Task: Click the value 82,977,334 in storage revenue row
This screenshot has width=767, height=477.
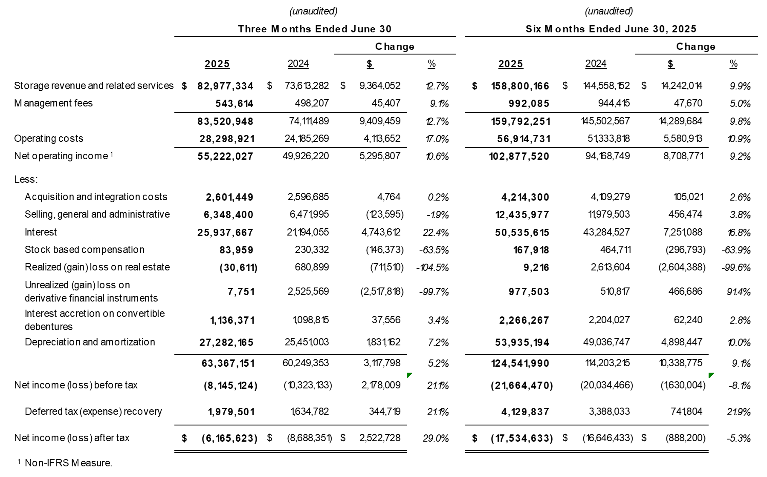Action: tap(225, 86)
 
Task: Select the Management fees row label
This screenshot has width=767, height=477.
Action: tap(53, 103)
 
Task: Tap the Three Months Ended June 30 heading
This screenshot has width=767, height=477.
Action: tap(315, 29)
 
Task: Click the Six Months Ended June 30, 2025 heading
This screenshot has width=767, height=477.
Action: tap(611, 29)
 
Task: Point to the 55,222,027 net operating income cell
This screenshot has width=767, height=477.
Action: tap(225, 156)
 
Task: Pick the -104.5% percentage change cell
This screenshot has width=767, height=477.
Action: tap(432, 267)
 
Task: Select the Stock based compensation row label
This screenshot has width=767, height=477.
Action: tap(84, 250)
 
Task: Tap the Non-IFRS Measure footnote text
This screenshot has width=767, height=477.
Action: tap(68, 463)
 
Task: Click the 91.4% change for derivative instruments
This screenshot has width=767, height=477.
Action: tap(738, 292)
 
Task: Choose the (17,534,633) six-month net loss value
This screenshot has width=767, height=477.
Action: tap(521, 438)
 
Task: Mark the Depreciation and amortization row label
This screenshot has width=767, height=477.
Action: tap(90, 342)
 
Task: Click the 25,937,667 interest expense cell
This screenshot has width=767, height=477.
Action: tap(225, 233)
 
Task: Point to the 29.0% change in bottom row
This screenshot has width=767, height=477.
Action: tap(436, 438)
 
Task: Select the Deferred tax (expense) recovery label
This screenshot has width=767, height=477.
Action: tap(93, 411)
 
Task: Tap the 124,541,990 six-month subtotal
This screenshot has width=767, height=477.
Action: tap(520, 363)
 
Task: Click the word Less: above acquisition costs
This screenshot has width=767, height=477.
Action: tap(26, 179)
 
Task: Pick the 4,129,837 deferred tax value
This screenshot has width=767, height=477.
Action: tap(525, 412)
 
